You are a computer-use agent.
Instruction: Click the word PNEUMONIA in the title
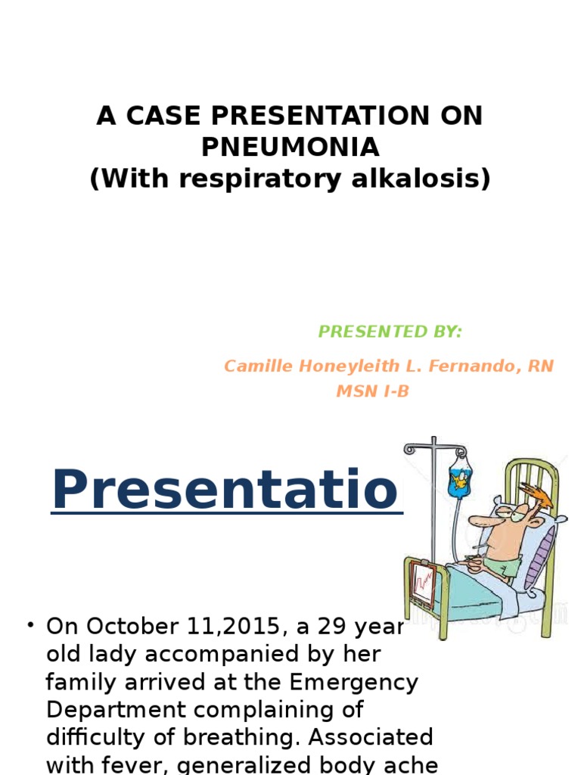coord(290,147)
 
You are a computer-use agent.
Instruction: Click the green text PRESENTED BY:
coord(390,331)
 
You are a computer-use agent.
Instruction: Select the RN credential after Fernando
coord(541,366)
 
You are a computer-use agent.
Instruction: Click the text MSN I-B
coord(371,391)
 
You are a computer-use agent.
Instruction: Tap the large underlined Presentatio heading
coord(225,490)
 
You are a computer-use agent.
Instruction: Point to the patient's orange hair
coord(542,496)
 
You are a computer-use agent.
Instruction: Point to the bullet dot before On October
coord(30,625)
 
